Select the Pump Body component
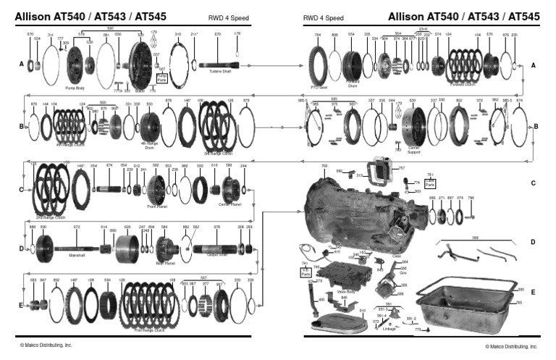(x=75, y=64)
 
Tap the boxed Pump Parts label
(x=161, y=75)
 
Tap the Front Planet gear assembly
(x=156, y=190)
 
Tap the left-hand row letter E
(x=22, y=306)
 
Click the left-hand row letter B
(x=22, y=126)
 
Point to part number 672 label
(x=77, y=227)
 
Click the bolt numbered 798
(x=471, y=215)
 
